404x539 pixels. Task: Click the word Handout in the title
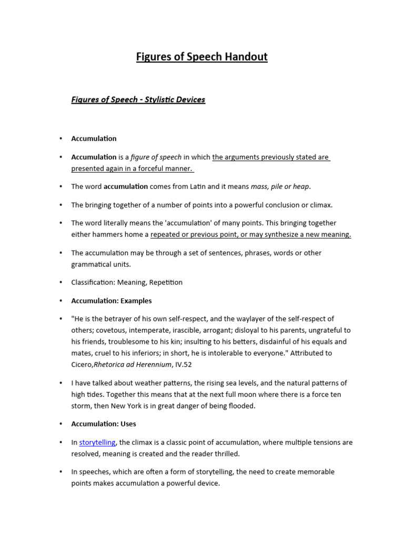(246, 57)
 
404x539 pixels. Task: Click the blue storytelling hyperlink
(97, 443)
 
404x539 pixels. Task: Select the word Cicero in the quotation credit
(82, 364)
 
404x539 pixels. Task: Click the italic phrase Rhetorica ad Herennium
(132, 364)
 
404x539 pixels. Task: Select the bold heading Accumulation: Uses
(104, 424)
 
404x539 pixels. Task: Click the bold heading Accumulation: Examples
(112, 301)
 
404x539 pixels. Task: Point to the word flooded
(240, 406)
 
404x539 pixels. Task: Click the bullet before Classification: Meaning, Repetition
(60, 282)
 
